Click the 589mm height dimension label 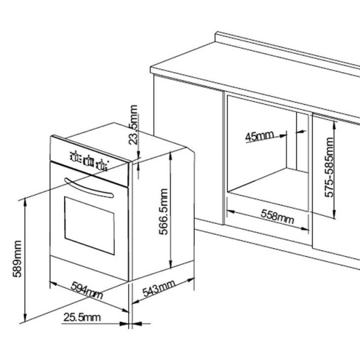pyautogui.click(x=17, y=259)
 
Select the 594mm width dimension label pyautogui.click(x=87, y=290)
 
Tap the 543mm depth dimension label pyautogui.click(x=159, y=289)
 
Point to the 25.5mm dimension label pyautogui.click(x=82, y=317)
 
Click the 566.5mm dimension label pyautogui.click(x=164, y=212)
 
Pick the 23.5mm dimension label pyautogui.click(x=133, y=125)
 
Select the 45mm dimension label pyautogui.click(x=260, y=136)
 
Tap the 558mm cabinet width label pyautogui.click(x=277, y=217)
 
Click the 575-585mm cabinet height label pyautogui.click(x=329, y=167)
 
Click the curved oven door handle pyautogui.click(x=89, y=188)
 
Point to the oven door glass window pyautogui.click(x=90, y=226)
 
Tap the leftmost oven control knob pyautogui.click(x=75, y=157)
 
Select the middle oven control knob pyautogui.click(x=88, y=161)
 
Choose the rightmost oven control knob pyautogui.click(x=102, y=165)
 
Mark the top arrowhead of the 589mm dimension pyautogui.click(x=25, y=203)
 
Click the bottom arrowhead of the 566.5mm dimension pyautogui.click(x=171, y=264)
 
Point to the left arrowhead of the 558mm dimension pyautogui.click(x=231, y=211)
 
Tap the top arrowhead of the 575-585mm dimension pyautogui.click(x=335, y=125)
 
